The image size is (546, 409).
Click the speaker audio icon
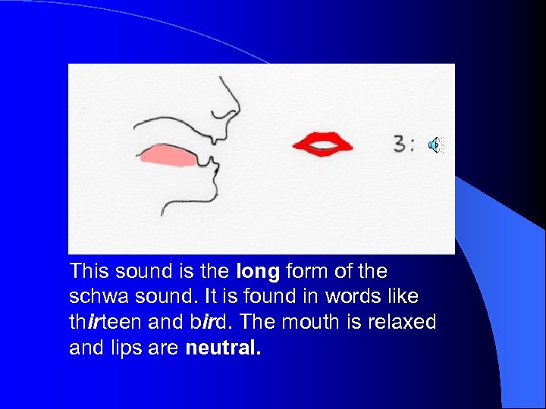[436, 145]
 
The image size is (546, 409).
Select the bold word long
[258, 271]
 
